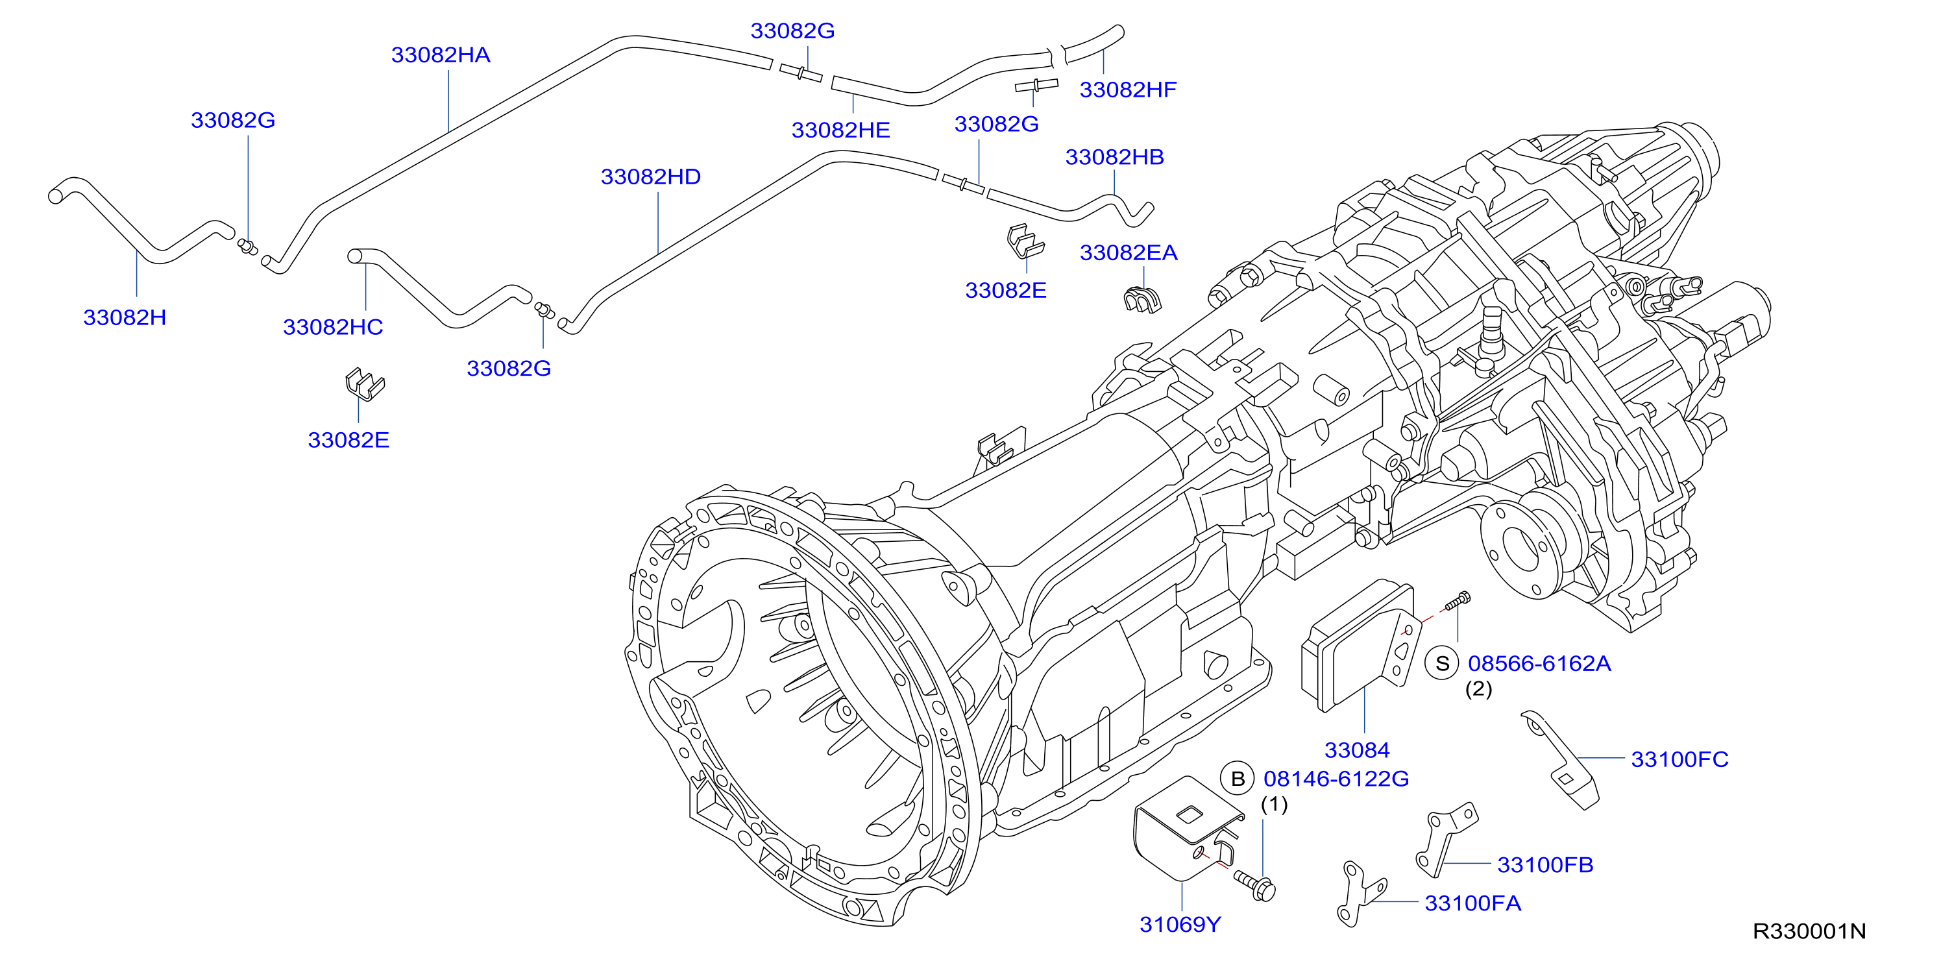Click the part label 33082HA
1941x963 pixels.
[x=441, y=55]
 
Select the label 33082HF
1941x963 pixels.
[x=1128, y=90]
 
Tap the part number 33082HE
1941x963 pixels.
[x=841, y=130]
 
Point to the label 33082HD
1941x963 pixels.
[x=651, y=177]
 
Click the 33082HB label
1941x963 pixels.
[x=1114, y=157]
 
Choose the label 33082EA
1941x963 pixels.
[x=1129, y=252]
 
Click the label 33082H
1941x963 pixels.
[x=125, y=317]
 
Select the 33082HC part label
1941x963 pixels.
[x=333, y=327]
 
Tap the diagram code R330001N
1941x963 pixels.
[x=1810, y=931]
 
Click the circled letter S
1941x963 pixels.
[x=1442, y=664]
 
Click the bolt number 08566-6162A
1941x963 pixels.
[x=1539, y=664]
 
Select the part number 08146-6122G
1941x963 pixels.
[x=1337, y=779]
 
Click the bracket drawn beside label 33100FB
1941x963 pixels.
[x=1445, y=840]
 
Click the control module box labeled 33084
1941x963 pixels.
[x=1361, y=646]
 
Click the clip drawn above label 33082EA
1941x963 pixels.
[x=1142, y=300]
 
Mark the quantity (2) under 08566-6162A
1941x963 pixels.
[x=1478, y=689]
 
